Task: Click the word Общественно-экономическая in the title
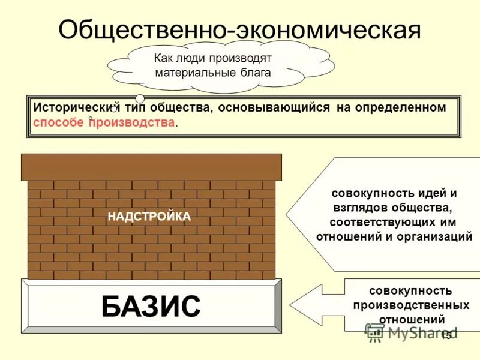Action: (239, 29)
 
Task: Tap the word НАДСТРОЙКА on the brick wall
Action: (149, 217)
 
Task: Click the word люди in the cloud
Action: (190, 58)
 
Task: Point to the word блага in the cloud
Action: (255, 73)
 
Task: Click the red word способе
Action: (58, 122)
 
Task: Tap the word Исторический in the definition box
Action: (74, 108)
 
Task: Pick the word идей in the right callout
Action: (433, 193)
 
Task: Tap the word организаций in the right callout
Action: (434, 236)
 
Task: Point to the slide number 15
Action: (445, 336)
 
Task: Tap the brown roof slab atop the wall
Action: (151, 167)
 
